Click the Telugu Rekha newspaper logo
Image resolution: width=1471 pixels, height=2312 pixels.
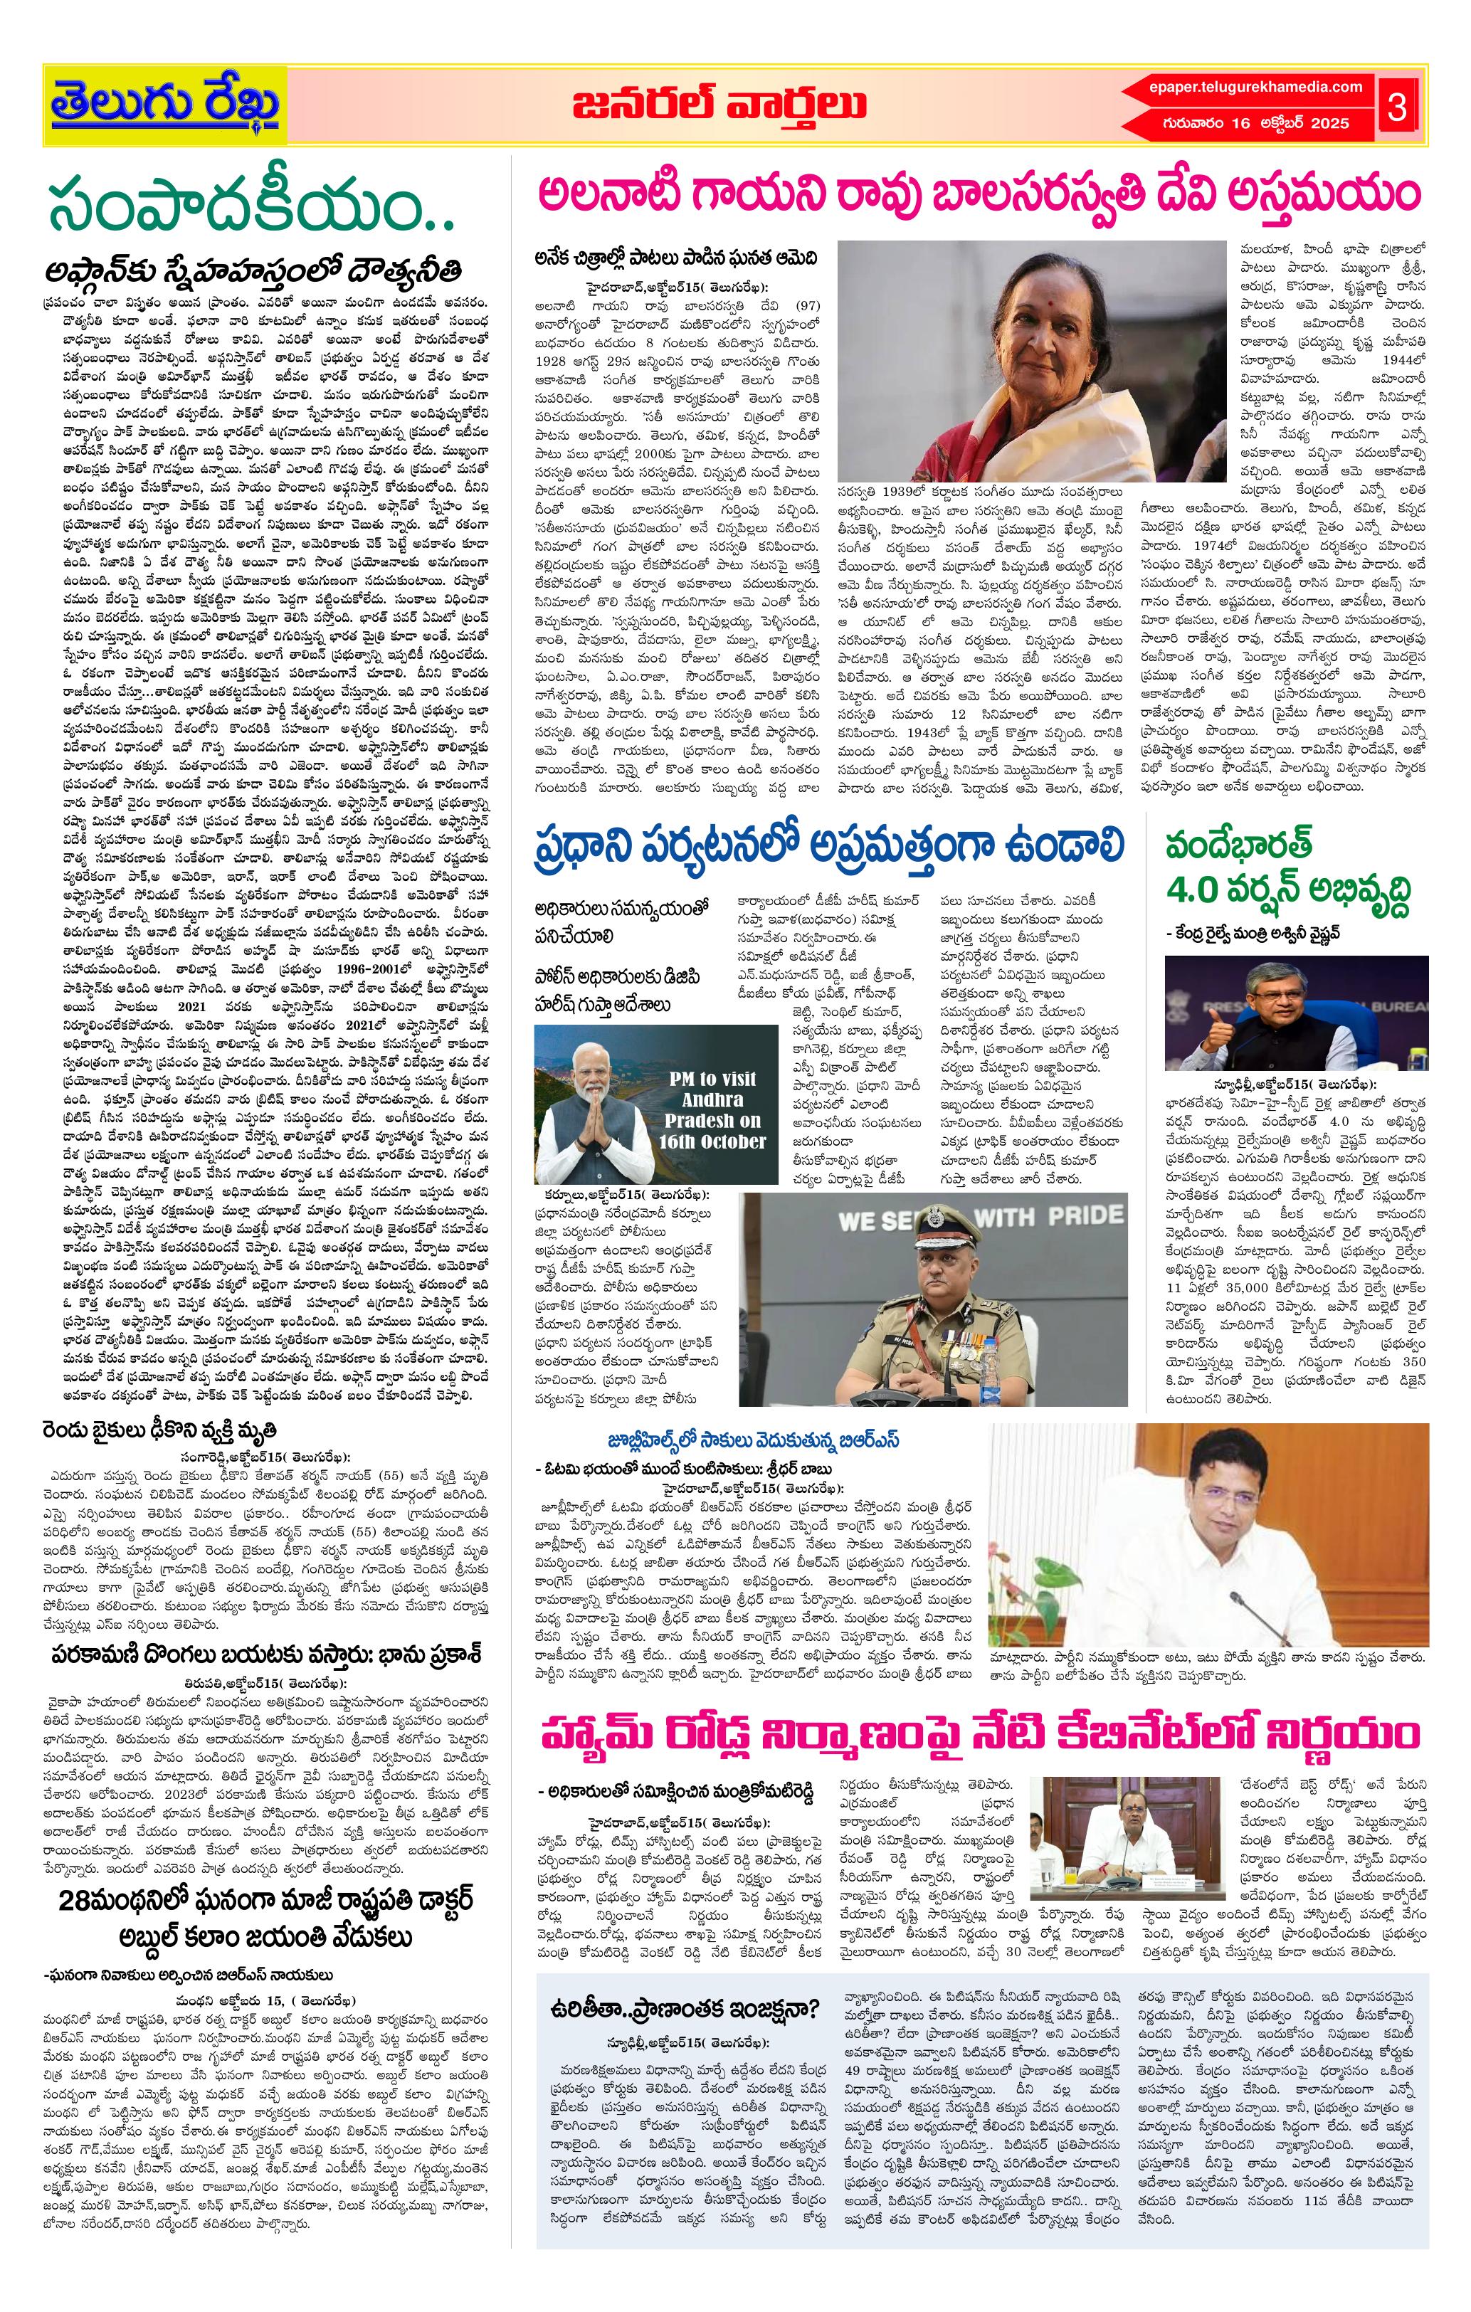point(165,104)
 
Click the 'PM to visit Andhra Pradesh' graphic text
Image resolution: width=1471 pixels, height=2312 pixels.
point(712,1109)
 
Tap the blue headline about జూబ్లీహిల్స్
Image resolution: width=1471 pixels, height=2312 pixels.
point(721,1440)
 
